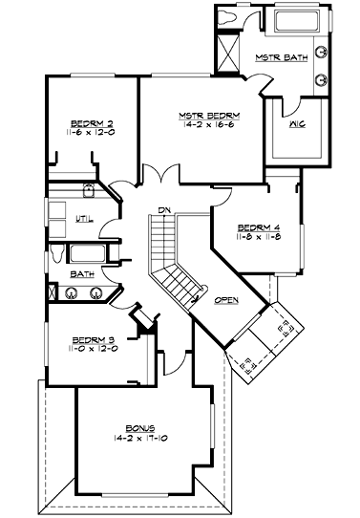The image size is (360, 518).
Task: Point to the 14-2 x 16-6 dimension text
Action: coord(207,125)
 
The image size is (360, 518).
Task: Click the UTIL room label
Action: coord(84,219)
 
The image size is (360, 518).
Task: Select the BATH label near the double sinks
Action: coord(81,274)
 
